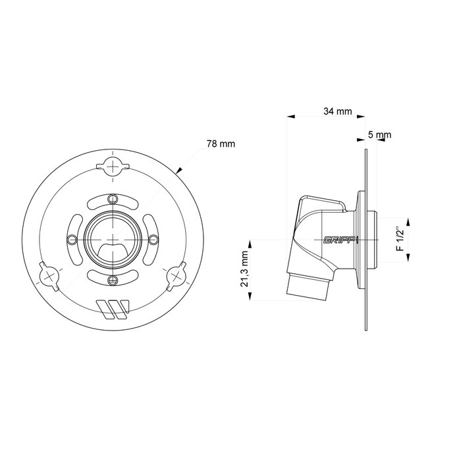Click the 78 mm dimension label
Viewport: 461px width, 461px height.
(221, 143)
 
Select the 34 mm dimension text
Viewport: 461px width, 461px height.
(337, 111)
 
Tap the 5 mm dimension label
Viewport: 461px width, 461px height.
(379, 135)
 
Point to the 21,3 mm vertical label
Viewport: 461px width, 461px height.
(246, 269)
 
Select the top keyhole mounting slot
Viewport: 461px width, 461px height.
(114, 165)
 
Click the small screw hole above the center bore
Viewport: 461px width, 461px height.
(114, 199)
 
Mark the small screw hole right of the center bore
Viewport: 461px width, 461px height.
(154, 238)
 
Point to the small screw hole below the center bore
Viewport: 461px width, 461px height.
(114, 279)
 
